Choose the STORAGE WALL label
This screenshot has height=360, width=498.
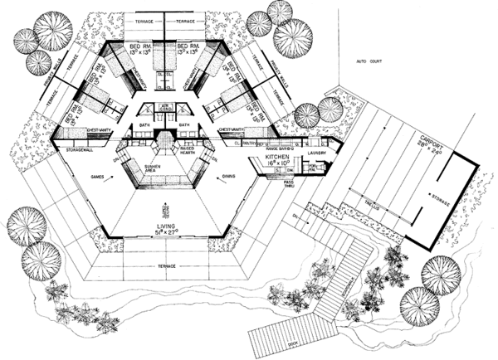[x=83, y=149]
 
